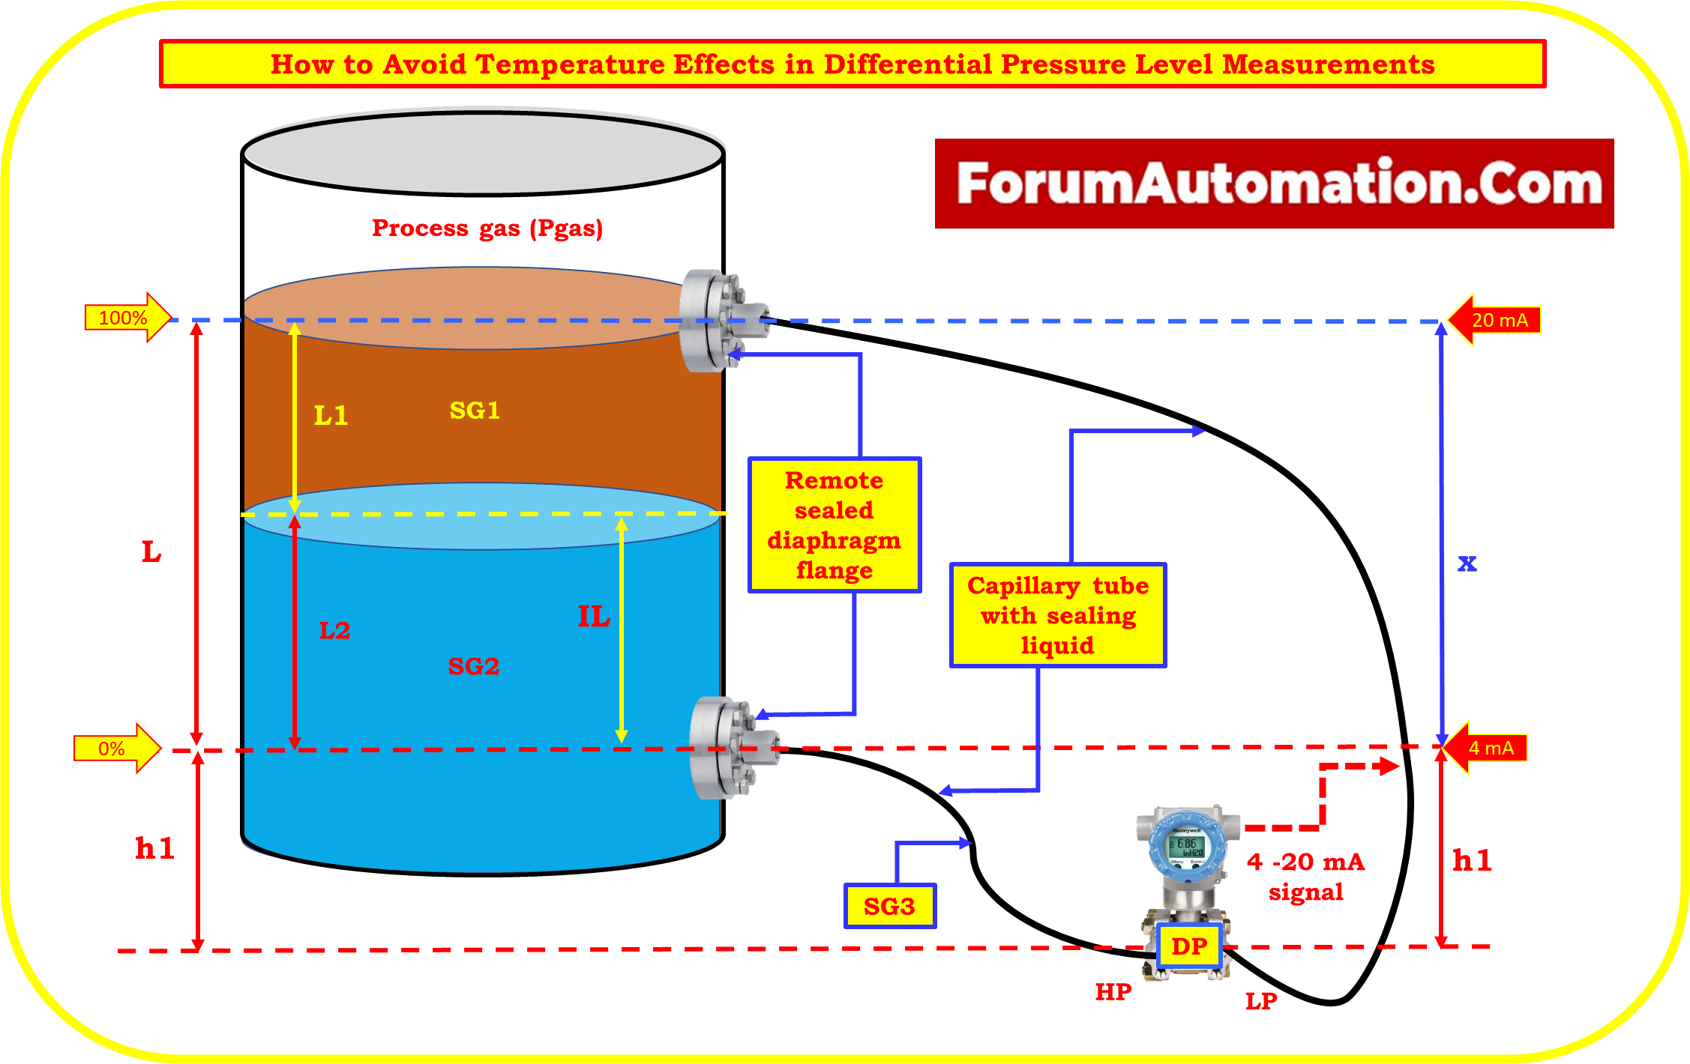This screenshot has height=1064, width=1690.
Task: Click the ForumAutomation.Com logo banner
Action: pyautogui.click(x=1273, y=184)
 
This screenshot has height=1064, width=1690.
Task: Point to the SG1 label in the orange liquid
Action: pyautogui.click(x=475, y=410)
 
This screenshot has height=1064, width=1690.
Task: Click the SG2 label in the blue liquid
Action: pyautogui.click(x=473, y=666)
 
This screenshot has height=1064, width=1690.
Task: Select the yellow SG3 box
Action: pyautogui.click(x=889, y=906)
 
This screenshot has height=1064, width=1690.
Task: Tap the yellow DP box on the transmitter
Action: pyautogui.click(x=1189, y=946)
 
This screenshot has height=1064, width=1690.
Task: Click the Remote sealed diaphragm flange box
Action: pyautogui.click(x=834, y=525)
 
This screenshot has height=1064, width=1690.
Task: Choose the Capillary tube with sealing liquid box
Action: pyautogui.click(x=1057, y=614)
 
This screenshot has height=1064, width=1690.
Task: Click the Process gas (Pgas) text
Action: pyautogui.click(x=487, y=228)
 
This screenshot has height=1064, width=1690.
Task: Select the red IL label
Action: pyautogui.click(x=593, y=617)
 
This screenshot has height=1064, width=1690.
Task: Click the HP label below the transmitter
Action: pyautogui.click(x=1113, y=992)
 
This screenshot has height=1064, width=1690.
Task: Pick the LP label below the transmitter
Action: pyautogui.click(x=1261, y=1000)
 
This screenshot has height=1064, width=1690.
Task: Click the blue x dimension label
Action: pyautogui.click(x=1467, y=563)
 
